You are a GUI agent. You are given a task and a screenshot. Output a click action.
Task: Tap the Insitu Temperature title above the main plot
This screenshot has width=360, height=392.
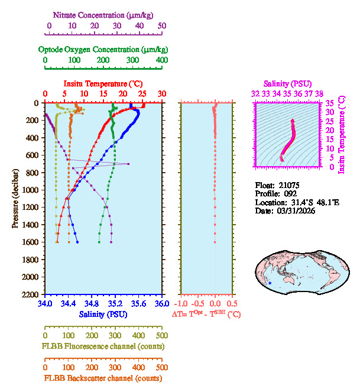point(103,83)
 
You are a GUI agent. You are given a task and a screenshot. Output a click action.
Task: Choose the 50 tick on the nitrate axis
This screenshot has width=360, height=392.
point(162,27)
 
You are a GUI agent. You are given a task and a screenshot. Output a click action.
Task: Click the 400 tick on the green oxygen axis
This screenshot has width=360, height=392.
point(161,60)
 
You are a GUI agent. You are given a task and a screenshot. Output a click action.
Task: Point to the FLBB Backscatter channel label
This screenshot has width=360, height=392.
point(103,378)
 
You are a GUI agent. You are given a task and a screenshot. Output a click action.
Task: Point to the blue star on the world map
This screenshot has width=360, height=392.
point(270,284)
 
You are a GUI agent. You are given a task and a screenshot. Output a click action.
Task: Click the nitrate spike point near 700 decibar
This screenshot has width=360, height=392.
point(128,164)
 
